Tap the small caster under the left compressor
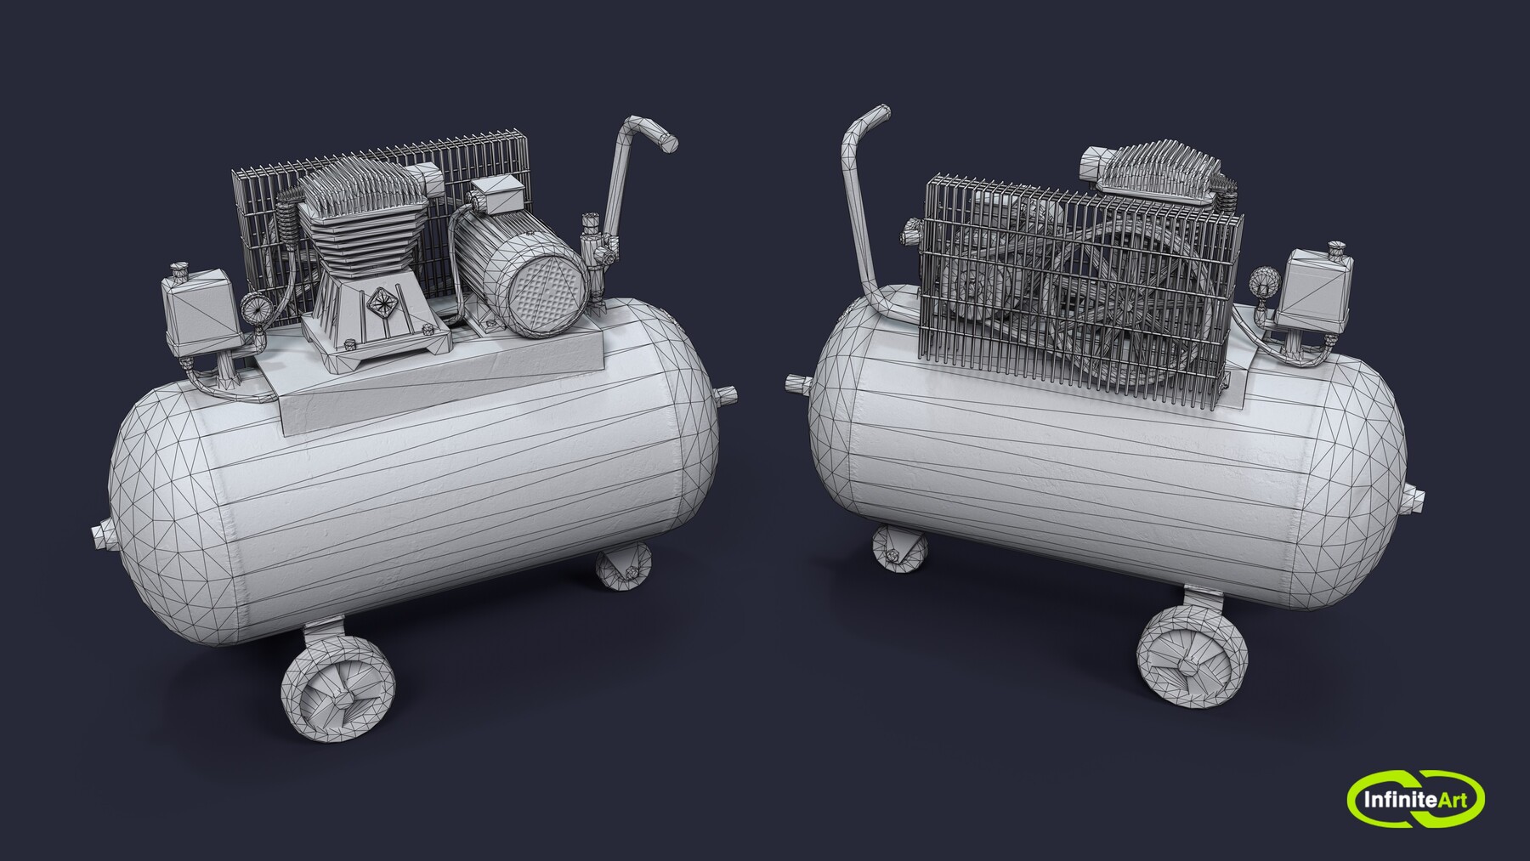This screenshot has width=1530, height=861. tap(623, 569)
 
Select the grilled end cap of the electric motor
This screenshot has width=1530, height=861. tap(547, 290)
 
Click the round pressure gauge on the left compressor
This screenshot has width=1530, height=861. tap(253, 310)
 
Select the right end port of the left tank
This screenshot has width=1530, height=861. tap(728, 394)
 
